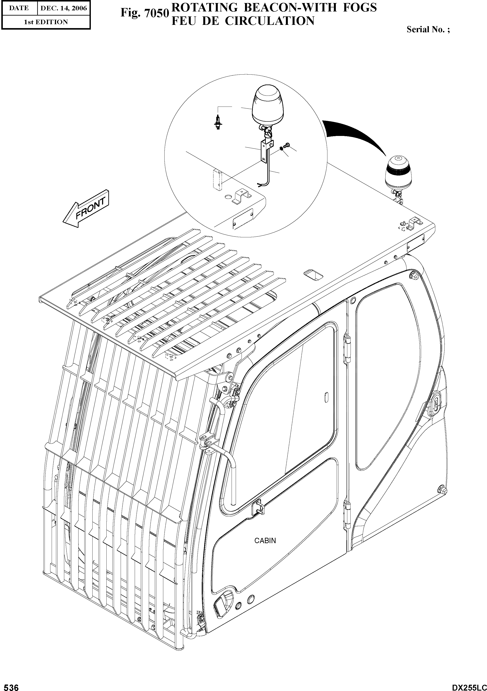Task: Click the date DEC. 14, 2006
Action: (64, 8)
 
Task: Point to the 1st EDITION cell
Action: (46, 22)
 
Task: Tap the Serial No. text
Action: (428, 29)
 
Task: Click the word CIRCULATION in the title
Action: (269, 21)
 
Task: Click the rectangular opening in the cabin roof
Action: (313, 274)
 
